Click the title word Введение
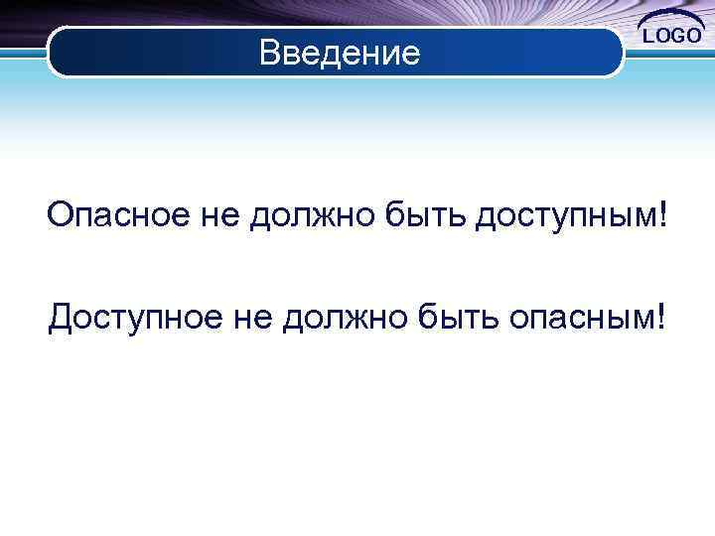pos(340,52)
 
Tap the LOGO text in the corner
pos(674,37)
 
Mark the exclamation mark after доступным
pos(662,214)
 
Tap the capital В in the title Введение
pos(269,52)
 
